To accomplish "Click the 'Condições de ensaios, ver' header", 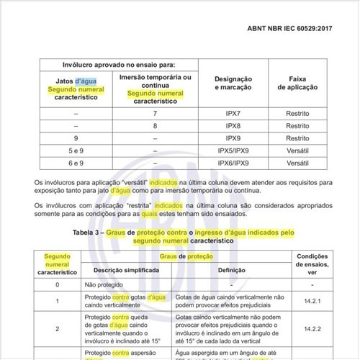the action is tap(312, 264).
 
